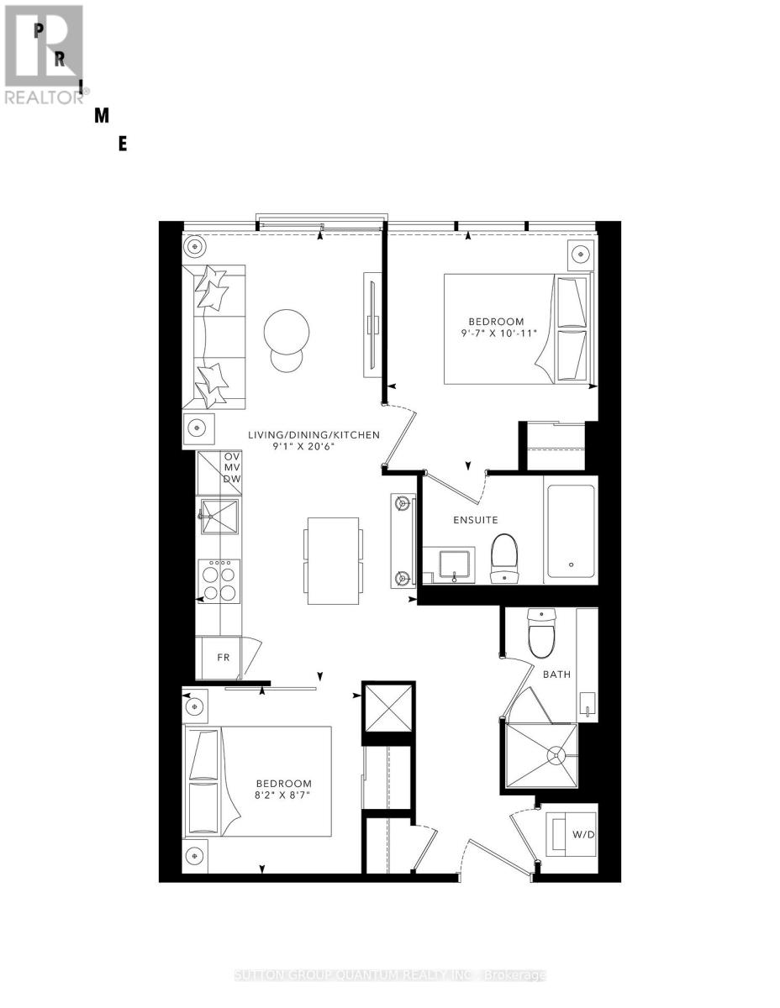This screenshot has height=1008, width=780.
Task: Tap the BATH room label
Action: coord(556,674)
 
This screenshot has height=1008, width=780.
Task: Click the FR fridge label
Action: coord(224,657)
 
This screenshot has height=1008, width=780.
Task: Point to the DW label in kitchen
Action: coord(231,479)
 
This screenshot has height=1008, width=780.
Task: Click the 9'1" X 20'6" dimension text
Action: coord(314,449)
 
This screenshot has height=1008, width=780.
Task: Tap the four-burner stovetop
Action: coord(219,581)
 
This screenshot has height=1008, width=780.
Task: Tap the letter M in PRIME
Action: coord(102,117)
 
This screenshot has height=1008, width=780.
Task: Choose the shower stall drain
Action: coord(555,756)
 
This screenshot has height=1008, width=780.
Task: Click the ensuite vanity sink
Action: coord(456,564)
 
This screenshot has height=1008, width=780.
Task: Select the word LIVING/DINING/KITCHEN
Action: coord(314,435)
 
